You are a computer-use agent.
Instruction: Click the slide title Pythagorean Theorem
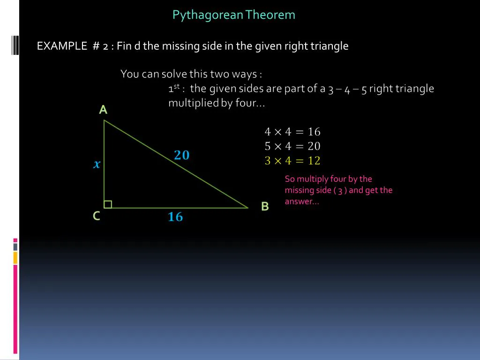click(x=233, y=15)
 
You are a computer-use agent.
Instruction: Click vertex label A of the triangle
click(x=103, y=110)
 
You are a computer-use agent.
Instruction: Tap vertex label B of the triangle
click(x=265, y=207)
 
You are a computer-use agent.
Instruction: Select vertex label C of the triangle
click(x=96, y=216)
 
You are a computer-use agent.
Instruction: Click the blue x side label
click(x=97, y=164)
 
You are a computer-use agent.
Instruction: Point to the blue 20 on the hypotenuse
click(x=182, y=155)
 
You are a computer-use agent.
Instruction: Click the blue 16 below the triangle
click(x=175, y=217)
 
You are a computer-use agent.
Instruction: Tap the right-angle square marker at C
click(x=108, y=204)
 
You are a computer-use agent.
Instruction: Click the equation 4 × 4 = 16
click(x=292, y=132)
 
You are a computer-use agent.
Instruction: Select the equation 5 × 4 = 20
click(x=292, y=146)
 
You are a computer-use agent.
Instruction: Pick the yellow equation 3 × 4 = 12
click(x=292, y=161)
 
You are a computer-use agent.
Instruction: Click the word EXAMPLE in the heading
click(x=62, y=46)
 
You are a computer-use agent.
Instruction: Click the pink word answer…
click(x=301, y=202)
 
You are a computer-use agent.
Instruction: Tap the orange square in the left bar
click(x=15, y=257)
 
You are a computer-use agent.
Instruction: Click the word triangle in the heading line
click(x=330, y=46)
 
